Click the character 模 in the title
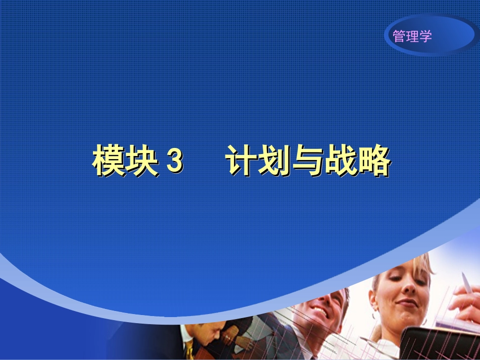[109, 162]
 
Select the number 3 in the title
[173, 162]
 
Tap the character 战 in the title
[341, 162]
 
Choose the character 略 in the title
[374, 162]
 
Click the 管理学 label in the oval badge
[412, 36]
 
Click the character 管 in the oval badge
[399, 36]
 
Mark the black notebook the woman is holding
[440, 343]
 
